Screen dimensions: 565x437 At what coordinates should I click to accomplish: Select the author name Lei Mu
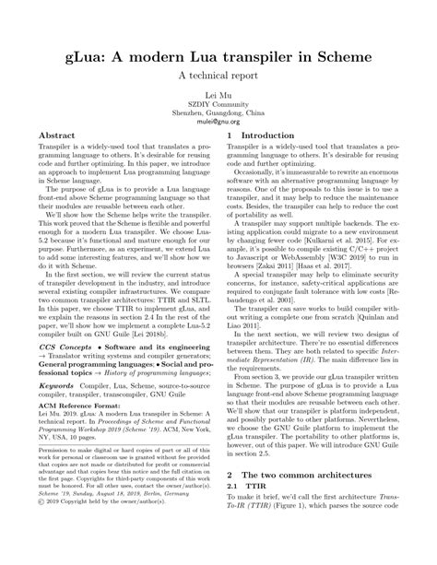pyautogui.click(x=218, y=96)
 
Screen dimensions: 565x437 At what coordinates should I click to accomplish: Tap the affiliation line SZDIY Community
pyautogui.click(x=218, y=104)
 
